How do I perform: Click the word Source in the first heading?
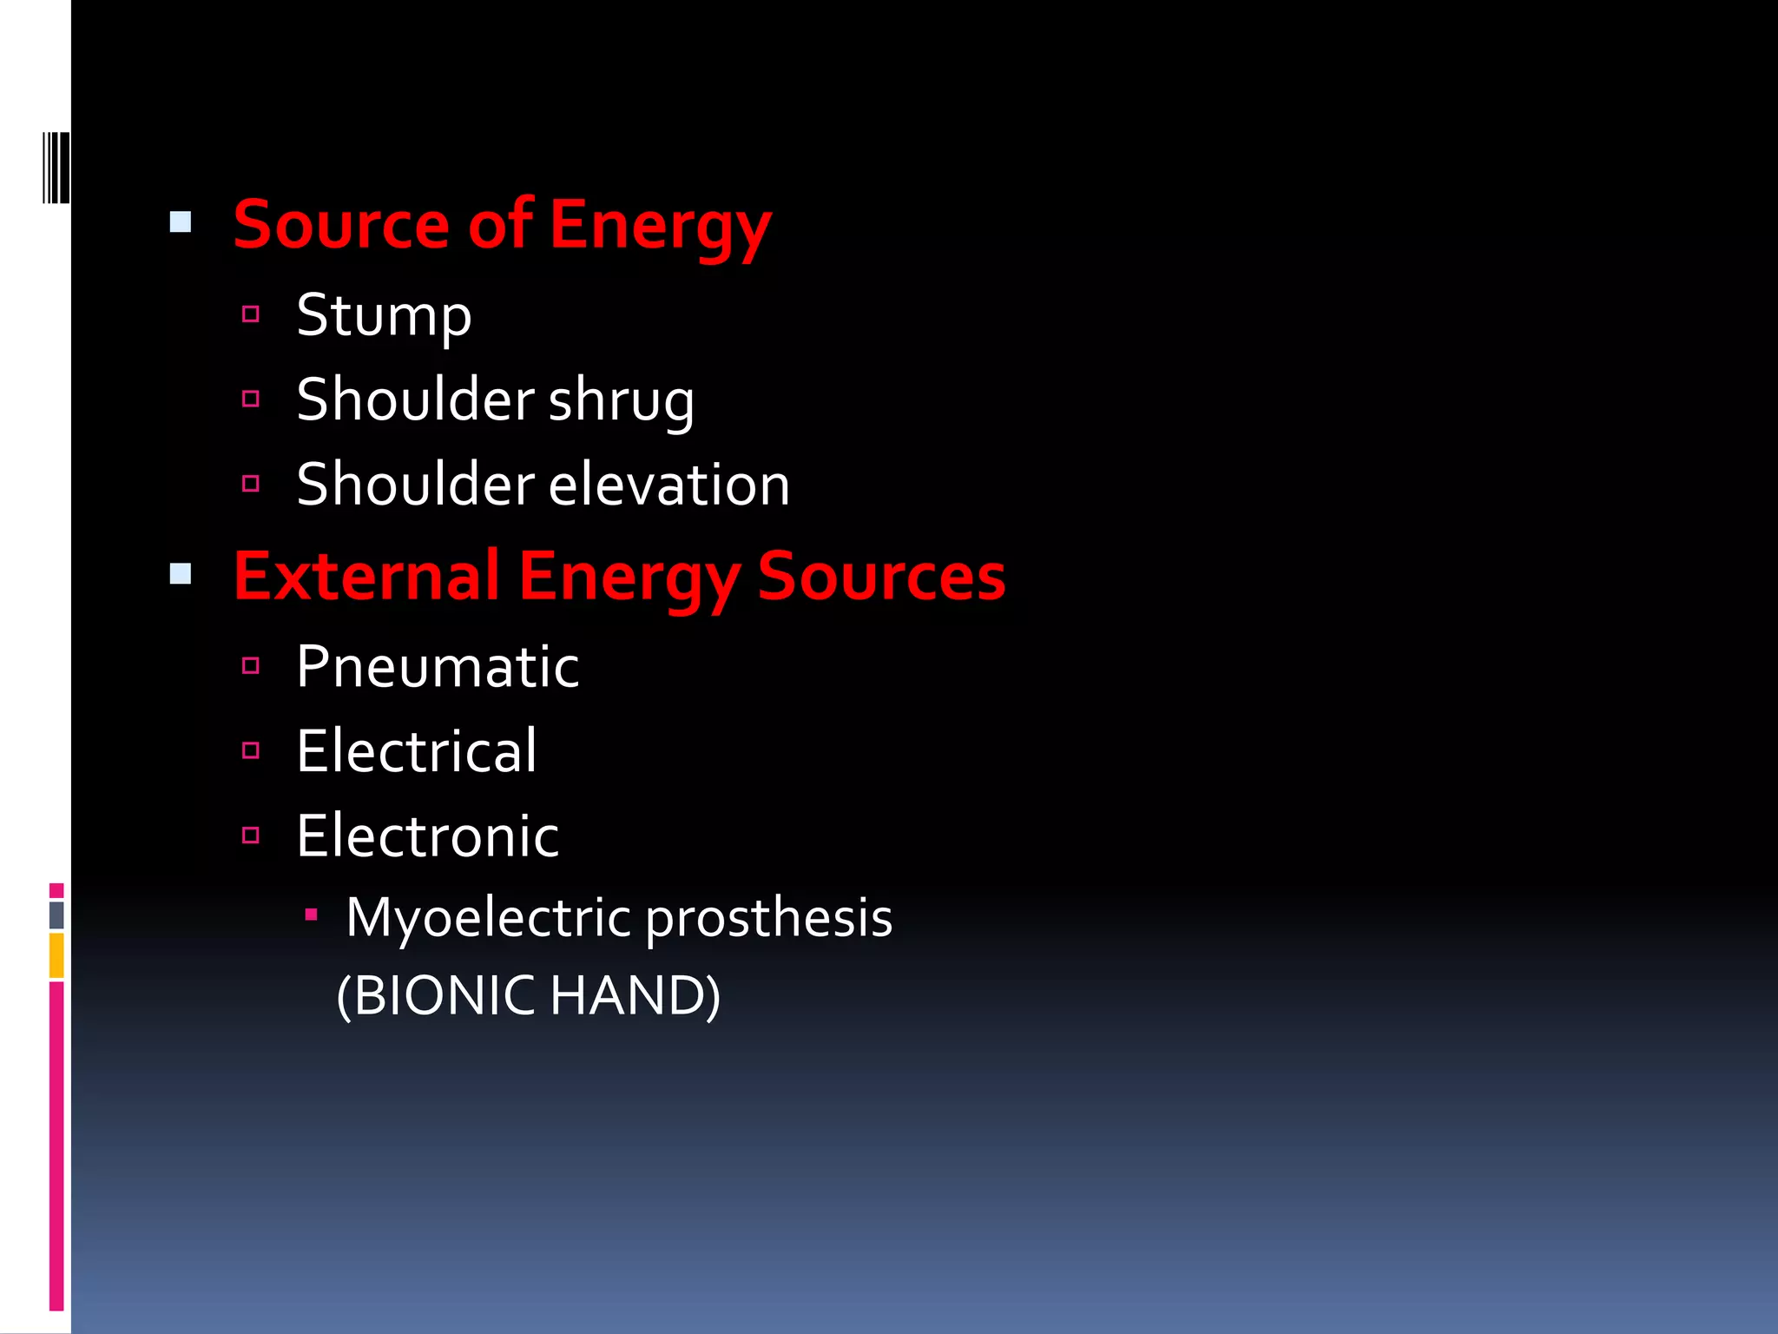(341, 225)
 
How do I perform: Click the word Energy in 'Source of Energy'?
(659, 228)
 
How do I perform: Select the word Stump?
(384, 316)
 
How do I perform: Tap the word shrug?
(621, 401)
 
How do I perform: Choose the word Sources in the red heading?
(881, 576)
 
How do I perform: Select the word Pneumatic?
(438, 667)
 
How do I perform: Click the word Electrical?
(417, 751)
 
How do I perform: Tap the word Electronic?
(427, 836)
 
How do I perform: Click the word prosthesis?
(769, 919)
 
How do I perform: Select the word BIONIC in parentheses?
(444, 995)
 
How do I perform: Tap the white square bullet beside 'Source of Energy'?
(181, 222)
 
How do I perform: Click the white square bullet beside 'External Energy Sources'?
(181, 574)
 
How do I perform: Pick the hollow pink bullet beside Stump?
(251, 314)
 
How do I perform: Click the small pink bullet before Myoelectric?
(311, 915)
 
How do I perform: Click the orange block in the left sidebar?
(56, 955)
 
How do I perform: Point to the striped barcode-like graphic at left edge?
(56, 168)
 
